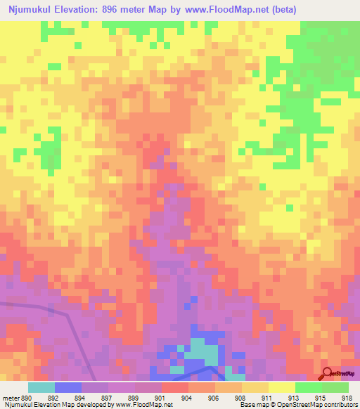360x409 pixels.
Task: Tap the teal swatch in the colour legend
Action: pos(41,387)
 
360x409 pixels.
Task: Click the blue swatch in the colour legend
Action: pos(67,387)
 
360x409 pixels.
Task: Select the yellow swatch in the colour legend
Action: pos(281,387)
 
